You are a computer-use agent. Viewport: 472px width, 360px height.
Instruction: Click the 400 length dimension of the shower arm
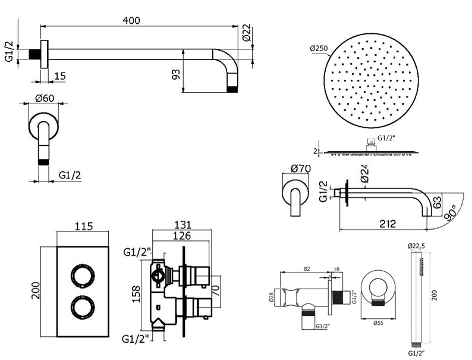[131, 20]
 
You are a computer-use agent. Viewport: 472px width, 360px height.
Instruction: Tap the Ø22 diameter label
[246, 32]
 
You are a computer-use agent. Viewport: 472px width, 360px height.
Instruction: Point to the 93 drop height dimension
[176, 74]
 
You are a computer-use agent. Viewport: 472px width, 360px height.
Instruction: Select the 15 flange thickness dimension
[60, 76]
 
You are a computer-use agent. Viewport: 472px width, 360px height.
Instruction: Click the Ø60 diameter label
[45, 98]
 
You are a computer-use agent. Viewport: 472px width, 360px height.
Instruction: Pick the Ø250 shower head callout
[319, 48]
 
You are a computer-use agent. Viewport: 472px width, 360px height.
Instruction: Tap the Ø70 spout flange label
[301, 168]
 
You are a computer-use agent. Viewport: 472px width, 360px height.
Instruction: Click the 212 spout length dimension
[388, 224]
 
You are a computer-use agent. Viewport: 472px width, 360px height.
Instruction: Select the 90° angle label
[451, 213]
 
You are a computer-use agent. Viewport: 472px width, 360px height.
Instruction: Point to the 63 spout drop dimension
[437, 202]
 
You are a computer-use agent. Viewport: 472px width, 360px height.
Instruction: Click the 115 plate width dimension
[83, 226]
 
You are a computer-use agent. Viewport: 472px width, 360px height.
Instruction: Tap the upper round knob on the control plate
[83, 276]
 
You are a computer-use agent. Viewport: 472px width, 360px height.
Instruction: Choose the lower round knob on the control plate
[83, 308]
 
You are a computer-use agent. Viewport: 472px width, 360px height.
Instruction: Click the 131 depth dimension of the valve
[182, 225]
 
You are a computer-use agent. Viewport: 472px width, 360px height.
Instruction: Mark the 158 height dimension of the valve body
[136, 294]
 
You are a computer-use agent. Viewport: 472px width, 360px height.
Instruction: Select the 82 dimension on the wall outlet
[307, 269]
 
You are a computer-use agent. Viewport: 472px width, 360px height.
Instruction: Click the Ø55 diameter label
[378, 323]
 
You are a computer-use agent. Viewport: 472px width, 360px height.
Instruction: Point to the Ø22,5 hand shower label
[416, 246]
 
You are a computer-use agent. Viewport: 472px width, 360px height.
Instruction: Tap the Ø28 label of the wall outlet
[272, 298]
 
